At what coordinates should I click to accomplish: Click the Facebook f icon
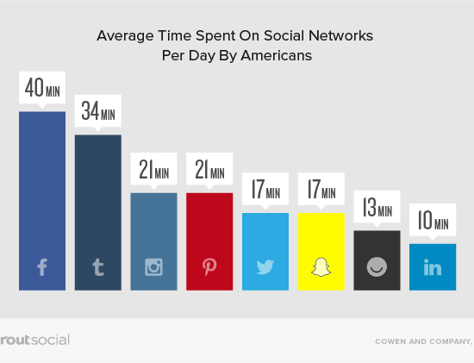[x=42, y=267]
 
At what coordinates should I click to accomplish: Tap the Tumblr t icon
[x=98, y=267]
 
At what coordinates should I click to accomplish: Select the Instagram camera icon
[x=154, y=267]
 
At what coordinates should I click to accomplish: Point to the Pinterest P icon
[x=209, y=266]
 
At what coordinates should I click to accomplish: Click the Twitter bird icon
[x=265, y=267]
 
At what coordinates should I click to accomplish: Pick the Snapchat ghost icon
[x=321, y=267]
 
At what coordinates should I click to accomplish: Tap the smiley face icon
[x=377, y=266]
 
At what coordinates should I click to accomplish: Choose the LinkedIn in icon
[x=433, y=267]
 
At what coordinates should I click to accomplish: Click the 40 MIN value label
[x=42, y=87]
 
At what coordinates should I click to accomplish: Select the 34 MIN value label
[x=98, y=110]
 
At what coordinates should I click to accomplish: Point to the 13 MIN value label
[x=377, y=207]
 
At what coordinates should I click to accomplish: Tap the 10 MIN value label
[x=433, y=220]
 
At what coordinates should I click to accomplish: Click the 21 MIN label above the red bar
[x=209, y=169]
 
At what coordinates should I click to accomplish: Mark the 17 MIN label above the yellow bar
[x=321, y=189]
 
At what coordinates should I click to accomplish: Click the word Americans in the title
[x=277, y=56]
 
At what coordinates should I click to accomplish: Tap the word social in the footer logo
[x=50, y=340]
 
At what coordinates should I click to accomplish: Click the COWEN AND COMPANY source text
[x=424, y=341]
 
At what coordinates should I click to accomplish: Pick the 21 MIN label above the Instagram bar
[x=154, y=169]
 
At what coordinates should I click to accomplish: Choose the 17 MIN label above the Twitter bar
[x=265, y=189]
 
